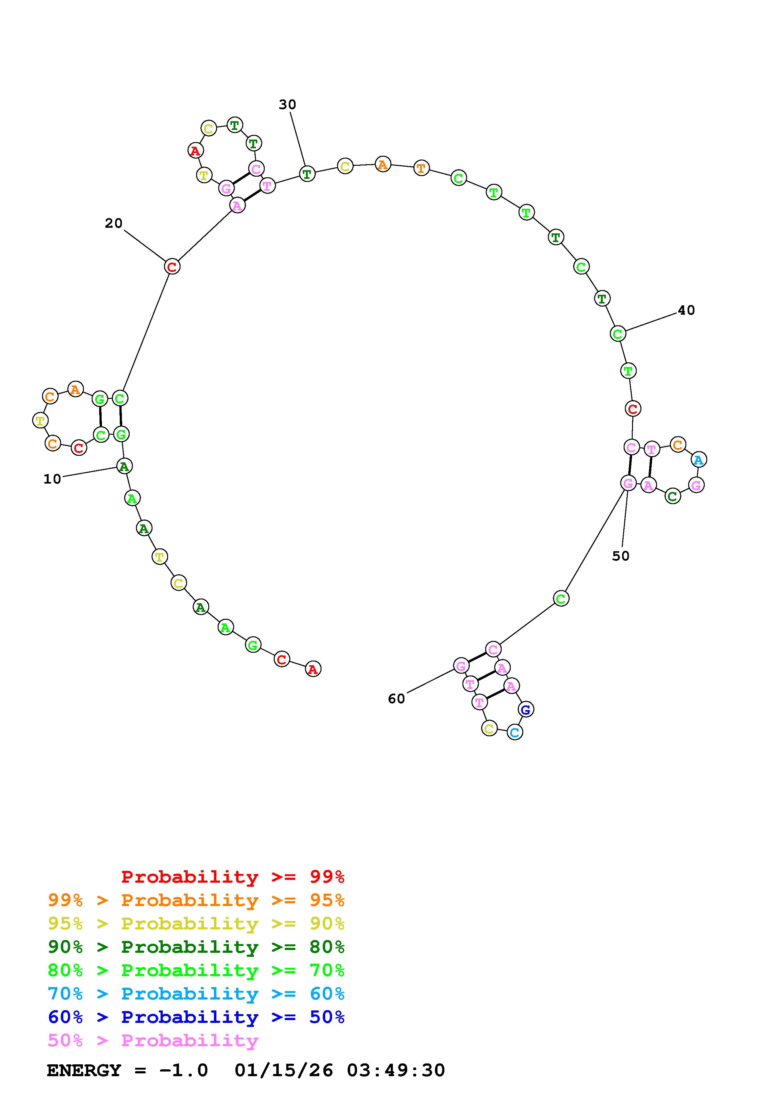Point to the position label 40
tap(686, 310)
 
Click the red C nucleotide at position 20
tap(172, 267)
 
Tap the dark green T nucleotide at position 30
tap(307, 174)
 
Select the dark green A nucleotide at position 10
tap(124, 466)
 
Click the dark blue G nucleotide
tap(525, 710)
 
